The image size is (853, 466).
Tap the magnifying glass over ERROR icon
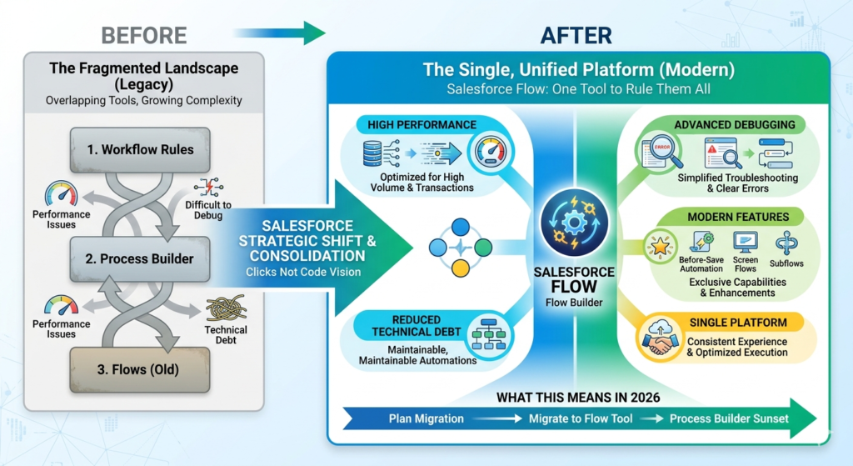(658, 152)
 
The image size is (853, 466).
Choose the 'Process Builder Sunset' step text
(729, 418)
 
